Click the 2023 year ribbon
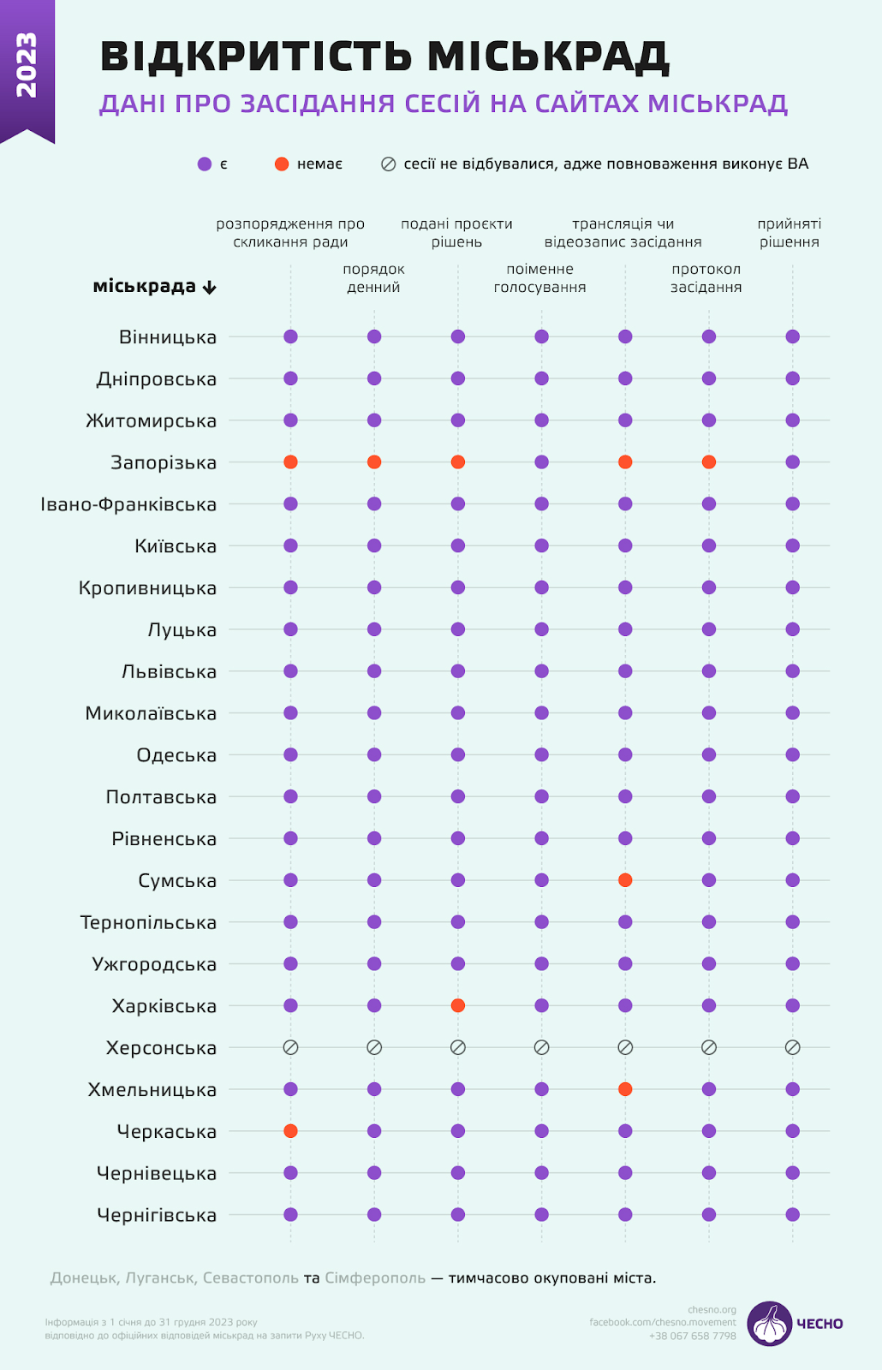[x=27, y=67]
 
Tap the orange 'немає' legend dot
[x=282, y=164]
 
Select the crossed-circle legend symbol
[x=388, y=164]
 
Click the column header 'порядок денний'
[x=373, y=278]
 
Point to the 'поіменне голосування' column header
[x=539, y=278]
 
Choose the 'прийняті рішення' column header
[x=789, y=233]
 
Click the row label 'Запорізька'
[x=164, y=463]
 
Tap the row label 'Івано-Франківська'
[x=128, y=505]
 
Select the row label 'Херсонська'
[x=161, y=1048]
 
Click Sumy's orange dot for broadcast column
[x=625, y=880]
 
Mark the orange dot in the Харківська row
[x=458, y=1005]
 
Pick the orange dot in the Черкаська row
[x=290, y=1131]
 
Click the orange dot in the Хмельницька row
[x=625, y=1089]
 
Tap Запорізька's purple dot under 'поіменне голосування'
[x=541, y=462]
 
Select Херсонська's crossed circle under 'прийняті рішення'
[x=792, y=1047]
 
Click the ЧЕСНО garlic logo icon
[x=770, y=1324]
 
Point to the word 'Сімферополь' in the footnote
[x=375, y=1278]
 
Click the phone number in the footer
[x=692, y=1336]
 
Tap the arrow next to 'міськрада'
[x=209, y=288]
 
